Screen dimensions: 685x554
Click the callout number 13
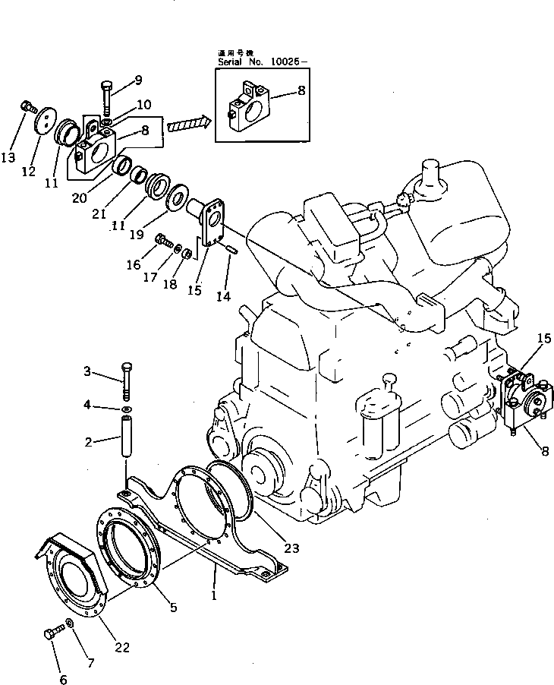coord(8,157)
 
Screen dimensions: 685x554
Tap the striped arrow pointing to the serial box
coord(187,123)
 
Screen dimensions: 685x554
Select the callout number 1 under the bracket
coord(215,596)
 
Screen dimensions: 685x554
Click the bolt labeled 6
coord(52,632)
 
